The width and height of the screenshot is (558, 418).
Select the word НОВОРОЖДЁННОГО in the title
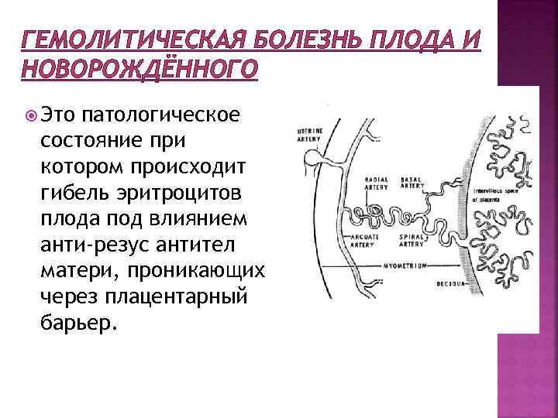pos(139,70)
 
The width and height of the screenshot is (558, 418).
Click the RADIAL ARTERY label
pos(377,183)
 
